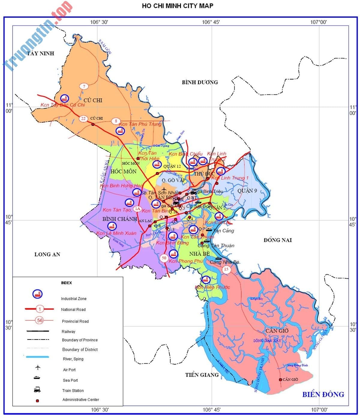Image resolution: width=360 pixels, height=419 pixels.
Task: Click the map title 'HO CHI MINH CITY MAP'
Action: click(x=178, y=6)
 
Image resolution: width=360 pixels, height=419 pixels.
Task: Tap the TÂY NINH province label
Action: click(x=40, y=53)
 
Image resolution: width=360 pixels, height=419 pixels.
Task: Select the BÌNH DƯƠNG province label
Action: click(x=200, y=82)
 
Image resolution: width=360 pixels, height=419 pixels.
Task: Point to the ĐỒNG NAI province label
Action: click(x=277, y=240)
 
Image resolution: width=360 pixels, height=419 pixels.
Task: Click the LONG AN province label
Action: click(x=47, y=255)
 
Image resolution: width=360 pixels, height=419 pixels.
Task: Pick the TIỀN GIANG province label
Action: click(x=202, y=375)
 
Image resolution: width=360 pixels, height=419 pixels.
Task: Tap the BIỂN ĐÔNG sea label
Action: click(x=323, y=394)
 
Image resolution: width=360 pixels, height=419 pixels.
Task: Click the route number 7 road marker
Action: click(x=84, y=86)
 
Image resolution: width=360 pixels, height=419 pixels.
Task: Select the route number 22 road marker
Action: click(x=83, y=119)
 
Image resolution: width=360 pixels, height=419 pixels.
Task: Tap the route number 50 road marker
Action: click(x=164, y=258)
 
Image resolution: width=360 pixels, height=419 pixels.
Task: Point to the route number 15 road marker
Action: click(x=226, y=269)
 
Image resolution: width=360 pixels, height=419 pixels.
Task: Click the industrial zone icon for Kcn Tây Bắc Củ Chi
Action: click(x=64, y=98)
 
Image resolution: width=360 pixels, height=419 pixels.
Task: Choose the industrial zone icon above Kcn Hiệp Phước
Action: click(x=205, y=279)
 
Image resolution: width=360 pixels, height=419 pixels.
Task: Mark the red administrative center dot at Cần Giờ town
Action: click(x=280, y=380)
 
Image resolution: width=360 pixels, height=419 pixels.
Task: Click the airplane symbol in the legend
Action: click(x=37, y=367)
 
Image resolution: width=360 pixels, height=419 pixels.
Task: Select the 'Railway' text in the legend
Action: click(x=68, y=332)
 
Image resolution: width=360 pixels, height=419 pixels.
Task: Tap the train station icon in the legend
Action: click(x=37, y=390)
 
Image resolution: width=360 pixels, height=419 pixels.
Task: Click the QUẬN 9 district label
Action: click(x=247, y=191)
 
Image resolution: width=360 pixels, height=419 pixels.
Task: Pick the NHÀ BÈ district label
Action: click(x=199, y=254)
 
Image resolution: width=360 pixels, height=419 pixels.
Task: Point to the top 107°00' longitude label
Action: click(x=318, y=22)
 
